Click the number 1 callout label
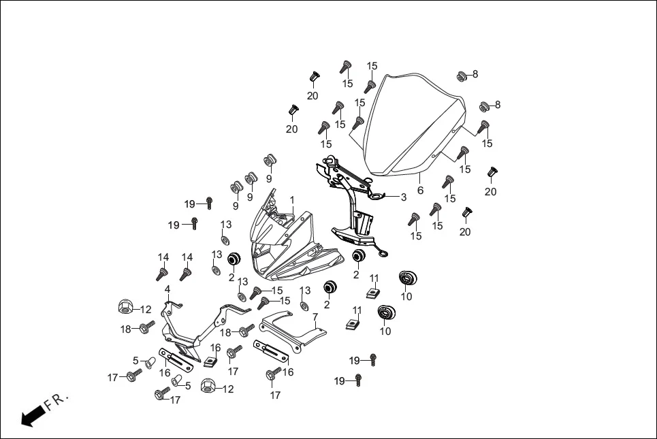(x=292, y=200)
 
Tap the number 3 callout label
(x=403, y=197)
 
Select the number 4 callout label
(x=167, y=289)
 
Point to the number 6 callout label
(x=420, y=190)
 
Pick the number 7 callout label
(x=315, y=317)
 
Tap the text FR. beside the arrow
(x=57, y=402)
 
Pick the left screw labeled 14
(x=162, y=274)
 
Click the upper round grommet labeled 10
(x=408, y=278)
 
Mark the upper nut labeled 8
(x=461, y=76)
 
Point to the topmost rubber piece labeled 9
(x=270, y=160)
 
